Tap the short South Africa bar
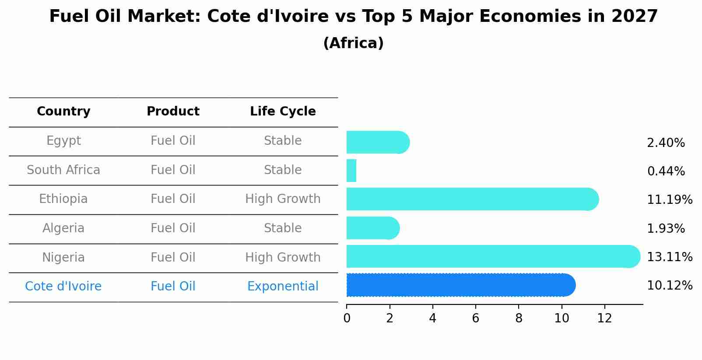point(351,171)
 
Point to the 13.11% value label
point(669,257)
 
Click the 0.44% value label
point(666,171)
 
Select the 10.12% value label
point(669,286)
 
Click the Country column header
point(63,112)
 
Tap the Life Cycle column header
point(283,112)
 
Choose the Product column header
point(173,112)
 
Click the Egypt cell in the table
point(63,141)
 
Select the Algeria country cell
point(63,228)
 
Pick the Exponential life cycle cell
point(283,287)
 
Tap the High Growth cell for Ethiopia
point(283,199)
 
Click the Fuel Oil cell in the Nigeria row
point(173,257)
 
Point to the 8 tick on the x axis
point(519,318)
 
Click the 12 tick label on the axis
point(604,318)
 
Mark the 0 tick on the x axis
point(347,318)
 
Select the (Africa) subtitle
point(353,43)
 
